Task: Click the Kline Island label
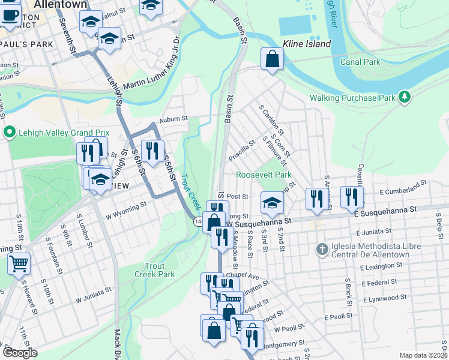(306, 44)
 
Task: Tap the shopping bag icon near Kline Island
(272, 59)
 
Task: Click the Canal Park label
(360, 62)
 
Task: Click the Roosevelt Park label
(264, 175)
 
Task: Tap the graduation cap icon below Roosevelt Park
(272, 203)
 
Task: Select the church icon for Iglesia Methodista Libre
(322, 248)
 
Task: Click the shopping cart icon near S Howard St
(19, 263)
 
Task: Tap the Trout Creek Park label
(159, 270)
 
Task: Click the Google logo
(20, 353)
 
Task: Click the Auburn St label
(173, 119)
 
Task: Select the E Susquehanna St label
(385, 211)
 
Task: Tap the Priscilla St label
(242, 152)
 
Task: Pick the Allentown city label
(61, 4)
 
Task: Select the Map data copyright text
(423, 355)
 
